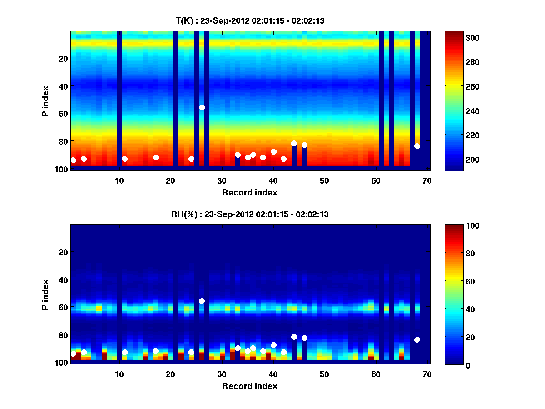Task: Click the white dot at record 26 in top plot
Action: (x=202, y=107)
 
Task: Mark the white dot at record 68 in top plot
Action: (x=417, y=146)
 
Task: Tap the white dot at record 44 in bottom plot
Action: (x=294, y=337)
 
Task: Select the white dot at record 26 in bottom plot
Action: (x=202, y=301)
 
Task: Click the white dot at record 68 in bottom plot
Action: (x=417, y=339)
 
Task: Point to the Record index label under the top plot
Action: (x=249, y=192)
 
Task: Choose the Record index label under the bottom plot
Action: (x=249, y=386)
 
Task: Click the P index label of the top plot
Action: (x=45, y=101)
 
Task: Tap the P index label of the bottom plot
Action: (x=45, y=294)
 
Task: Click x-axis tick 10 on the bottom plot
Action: (x=119, y=374)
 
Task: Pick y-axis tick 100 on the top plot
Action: (x=62, y=169)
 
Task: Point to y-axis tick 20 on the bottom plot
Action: (x=64, y=252)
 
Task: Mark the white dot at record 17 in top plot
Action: (x=155, y=157)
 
